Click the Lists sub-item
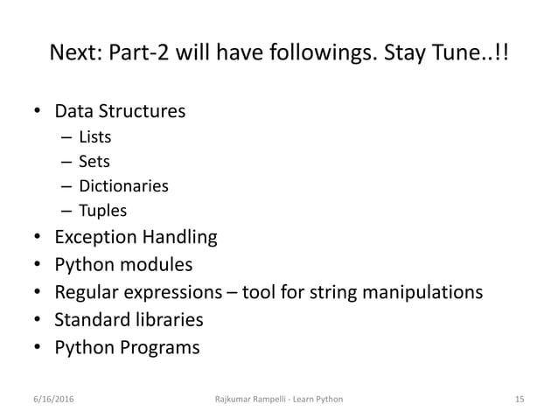pyautogui.click(x=95, y=136)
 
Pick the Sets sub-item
pyautogui.click(x=94, y=161)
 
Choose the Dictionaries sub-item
pyautogui.click(x=123, y=185)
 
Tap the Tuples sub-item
pyautogui.click(x=102, y=211)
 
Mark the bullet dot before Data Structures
pyautogui.click(x=36, y=112)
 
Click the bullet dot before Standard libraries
pyautogui.click(x=36, y=319)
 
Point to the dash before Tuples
pyautogui.click(x=67, y=211)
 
